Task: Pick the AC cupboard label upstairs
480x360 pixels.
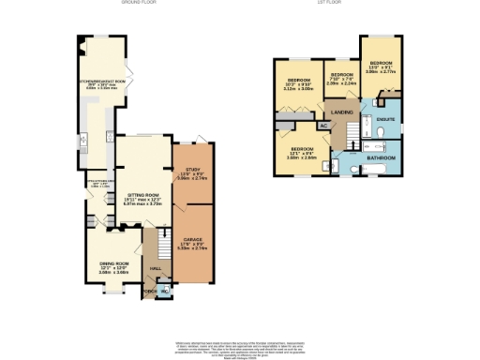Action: point(324,125)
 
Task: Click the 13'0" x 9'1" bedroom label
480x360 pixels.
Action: point(383,67)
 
